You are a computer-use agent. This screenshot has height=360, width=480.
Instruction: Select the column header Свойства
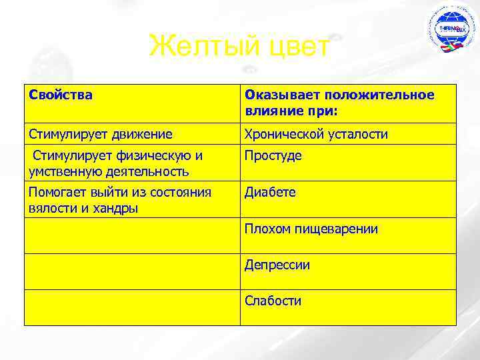(61, 95)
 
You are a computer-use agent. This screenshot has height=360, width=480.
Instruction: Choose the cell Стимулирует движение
(100, 135)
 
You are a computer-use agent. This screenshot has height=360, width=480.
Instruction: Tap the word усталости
(357, 135)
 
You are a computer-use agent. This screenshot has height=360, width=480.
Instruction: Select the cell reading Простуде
(273, 156)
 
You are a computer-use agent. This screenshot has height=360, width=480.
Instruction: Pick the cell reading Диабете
(270, 193)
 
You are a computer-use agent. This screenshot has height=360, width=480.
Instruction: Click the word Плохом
(266, 229)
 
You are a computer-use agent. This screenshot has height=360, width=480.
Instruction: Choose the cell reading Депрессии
(277, 265)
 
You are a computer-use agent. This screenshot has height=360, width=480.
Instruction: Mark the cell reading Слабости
(273, 301)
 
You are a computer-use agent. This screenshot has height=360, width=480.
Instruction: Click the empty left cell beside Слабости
(131, 307)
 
